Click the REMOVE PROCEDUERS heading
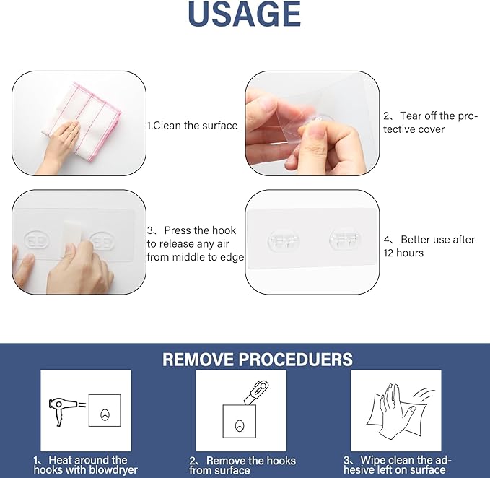[258, 359]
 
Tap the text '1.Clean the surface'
[192, 126]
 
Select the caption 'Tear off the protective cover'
[429, 122]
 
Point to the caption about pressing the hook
[196, 243]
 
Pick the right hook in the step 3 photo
[104, 240]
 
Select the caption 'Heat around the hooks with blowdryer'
[85, 464]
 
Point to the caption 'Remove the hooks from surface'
[242, 465]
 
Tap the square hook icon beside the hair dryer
[105, 410]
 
